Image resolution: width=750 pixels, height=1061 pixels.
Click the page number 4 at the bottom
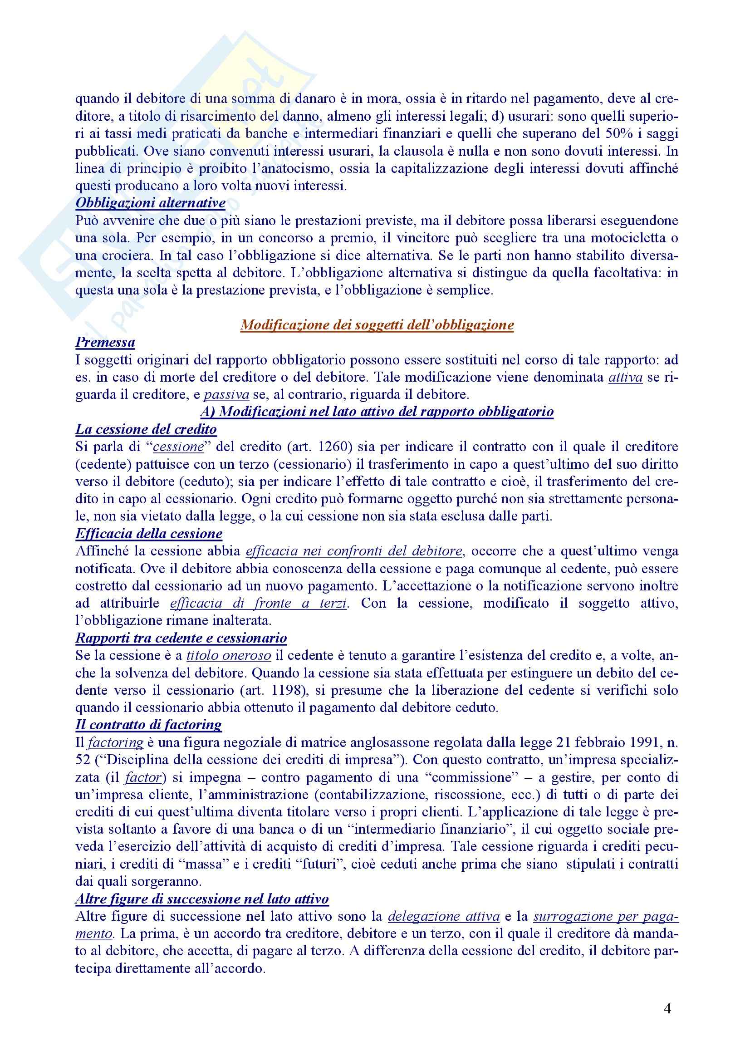(667, 1009)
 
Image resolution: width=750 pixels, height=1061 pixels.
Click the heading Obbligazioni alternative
(150, 203)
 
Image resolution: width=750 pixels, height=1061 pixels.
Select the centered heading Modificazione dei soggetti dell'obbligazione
(377, 325)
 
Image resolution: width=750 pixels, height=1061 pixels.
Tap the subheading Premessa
(105, 343)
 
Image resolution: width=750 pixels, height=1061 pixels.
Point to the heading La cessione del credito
(146, 429)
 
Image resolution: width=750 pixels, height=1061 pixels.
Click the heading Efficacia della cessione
(149, 534)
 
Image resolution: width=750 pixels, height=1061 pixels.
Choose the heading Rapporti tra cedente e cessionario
(181, 638)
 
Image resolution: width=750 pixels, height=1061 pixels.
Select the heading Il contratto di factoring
(148, 725)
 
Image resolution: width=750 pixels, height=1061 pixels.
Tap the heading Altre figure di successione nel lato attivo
(202, 899)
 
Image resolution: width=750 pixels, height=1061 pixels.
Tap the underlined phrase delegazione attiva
(444, 916)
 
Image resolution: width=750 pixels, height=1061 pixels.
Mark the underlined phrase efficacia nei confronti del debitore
(354, 551)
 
